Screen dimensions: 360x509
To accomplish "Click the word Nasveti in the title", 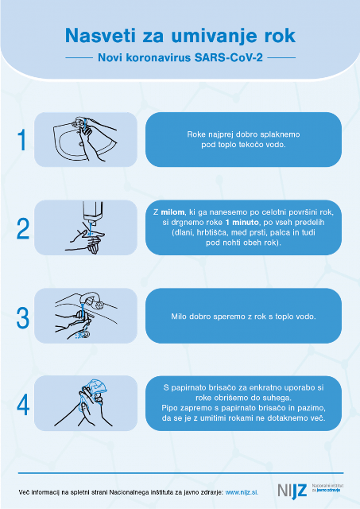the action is tap(100, 35).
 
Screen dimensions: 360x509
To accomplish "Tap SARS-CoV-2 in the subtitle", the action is tap(229, 58).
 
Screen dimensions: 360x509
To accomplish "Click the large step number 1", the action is tap(22, 140).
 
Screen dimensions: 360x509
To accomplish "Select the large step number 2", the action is tap(23, 228).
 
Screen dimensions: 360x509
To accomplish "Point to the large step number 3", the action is tap(23, 317).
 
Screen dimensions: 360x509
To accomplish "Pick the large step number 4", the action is tap(23, 405).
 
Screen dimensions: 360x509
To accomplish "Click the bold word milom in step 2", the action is tap(172, 212).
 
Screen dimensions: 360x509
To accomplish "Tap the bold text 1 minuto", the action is tap(242, 223).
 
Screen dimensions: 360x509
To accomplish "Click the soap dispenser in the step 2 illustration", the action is tap(93, 213).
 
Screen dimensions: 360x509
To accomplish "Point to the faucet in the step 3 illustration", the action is tap(92, 300).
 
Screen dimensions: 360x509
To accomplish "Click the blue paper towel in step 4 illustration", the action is tap(95, 386).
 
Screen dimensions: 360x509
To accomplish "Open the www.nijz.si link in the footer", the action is tap(242, 492).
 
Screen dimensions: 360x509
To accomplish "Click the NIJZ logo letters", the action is tap(292, 491).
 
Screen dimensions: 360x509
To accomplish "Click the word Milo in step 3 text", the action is tap(178, 317).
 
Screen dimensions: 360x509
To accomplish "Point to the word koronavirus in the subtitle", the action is tap(158, 58).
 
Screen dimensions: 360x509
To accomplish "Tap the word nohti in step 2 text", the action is tap(230, 243).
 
